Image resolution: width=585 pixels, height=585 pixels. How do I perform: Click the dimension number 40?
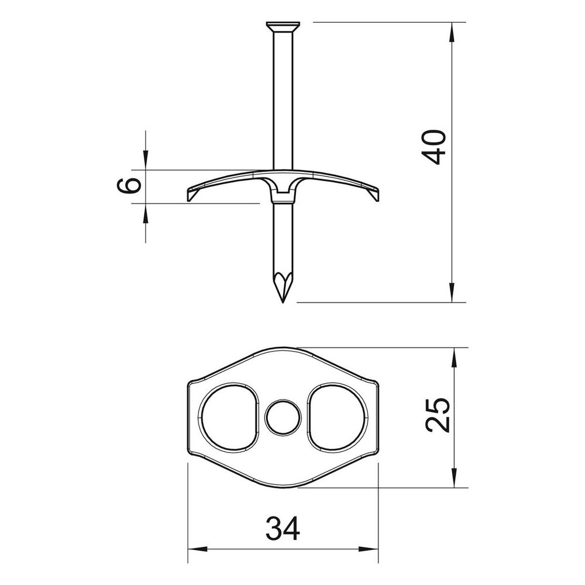[436, 147]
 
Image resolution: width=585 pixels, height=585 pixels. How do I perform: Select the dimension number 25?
[438, 415]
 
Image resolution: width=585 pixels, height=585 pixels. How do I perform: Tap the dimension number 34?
[283, 528]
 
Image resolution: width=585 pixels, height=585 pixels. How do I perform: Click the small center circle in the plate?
[283, 418]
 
